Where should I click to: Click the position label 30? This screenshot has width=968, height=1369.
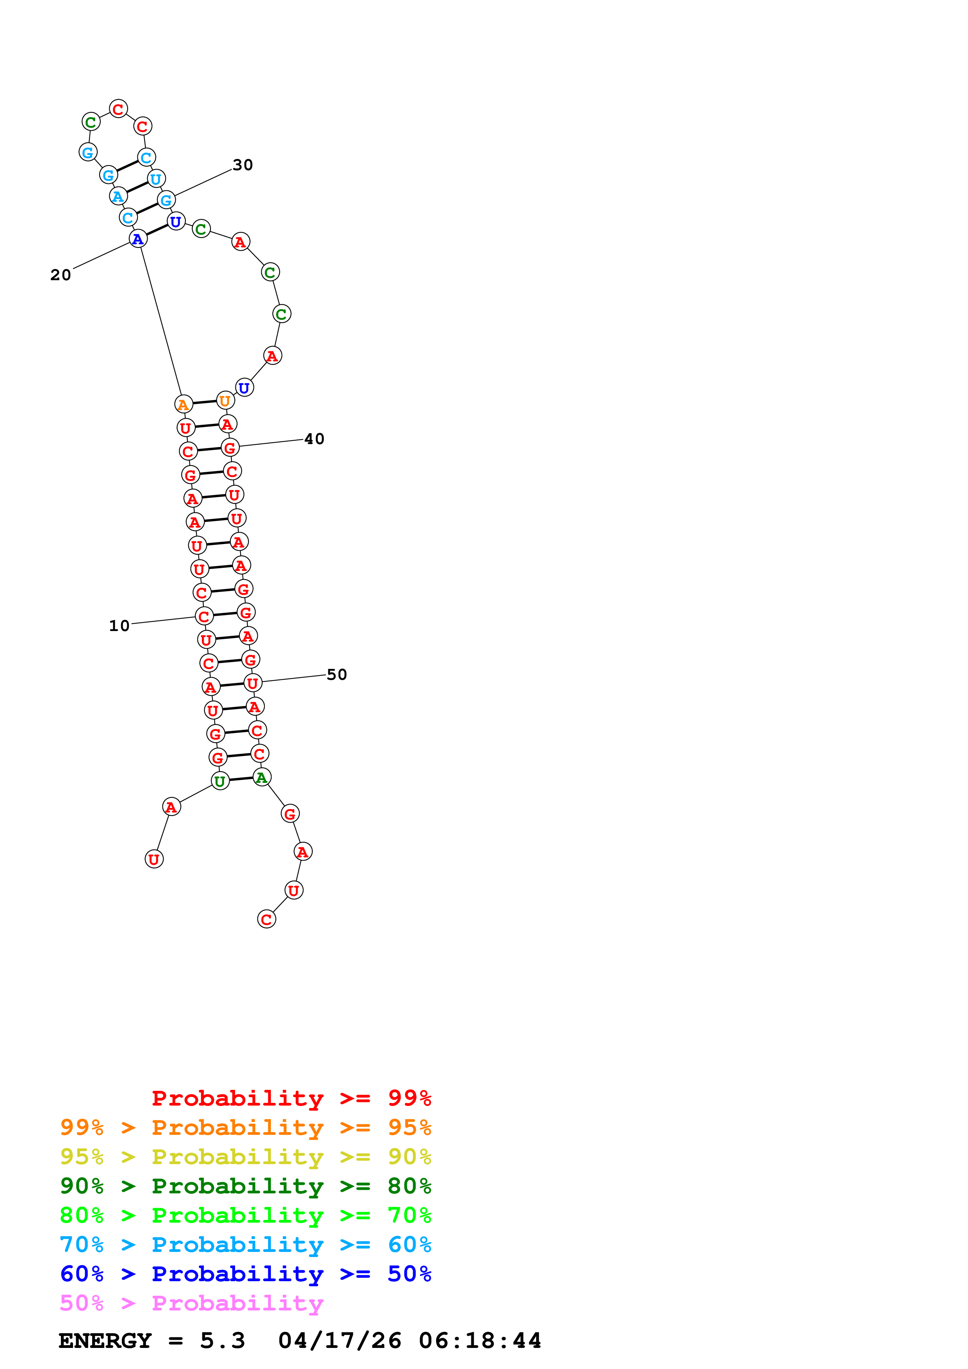coord(243,165)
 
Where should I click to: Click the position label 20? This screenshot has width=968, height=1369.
coord(60,275)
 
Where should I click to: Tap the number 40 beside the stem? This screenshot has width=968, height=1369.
coord(314,439)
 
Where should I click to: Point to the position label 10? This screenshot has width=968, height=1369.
coord(119,626)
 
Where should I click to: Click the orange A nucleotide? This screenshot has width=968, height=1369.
coord(184,404)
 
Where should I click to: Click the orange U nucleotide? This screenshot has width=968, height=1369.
coord(225,401)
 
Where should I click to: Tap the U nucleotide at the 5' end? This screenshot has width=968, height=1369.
coord(154,859)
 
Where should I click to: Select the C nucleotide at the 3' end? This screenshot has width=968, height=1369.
coord(267,919)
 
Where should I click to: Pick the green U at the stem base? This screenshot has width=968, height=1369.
coord(220,781)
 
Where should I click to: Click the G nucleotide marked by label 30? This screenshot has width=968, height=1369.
coord(166,200)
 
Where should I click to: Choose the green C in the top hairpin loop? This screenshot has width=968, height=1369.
coord(91,122)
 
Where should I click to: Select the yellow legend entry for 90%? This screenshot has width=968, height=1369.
coord(245,1157)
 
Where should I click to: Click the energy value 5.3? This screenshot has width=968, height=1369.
coord(223,1341)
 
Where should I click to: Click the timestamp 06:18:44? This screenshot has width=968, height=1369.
coord(480,1341)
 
